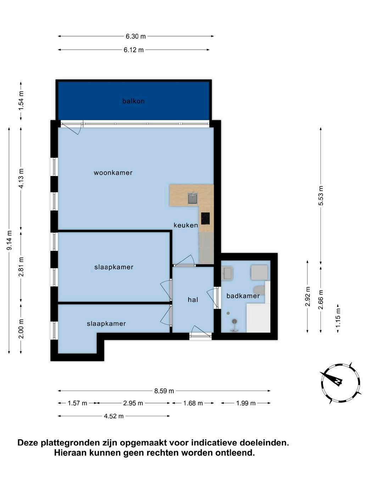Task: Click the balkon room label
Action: pyautogui.click(x=133, y=101)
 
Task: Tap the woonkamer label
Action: pyautogui.click(x=113, y=172)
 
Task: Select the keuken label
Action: pyautogui.click(x=186, y=225)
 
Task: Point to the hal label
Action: pyautogui.click(x=193, y=299)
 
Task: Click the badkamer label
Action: pyautogui.click(x=243, y=296)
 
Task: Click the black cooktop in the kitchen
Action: pyautogui.click(x=205, y=218)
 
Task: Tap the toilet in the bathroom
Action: pyautogui.click(x=260, y=290)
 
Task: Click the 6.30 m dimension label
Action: pyautogui.click(x=136, y=36)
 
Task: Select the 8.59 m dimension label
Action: pyautogui.click(x=164, y=391)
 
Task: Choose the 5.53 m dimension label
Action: pyautogui.click(x=320, y=195)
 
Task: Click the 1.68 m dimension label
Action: pyautogui.click(x=193, y=403)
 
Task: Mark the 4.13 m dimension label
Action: pyautogui.click(x=21, y=178)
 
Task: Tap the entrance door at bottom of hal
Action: pyautogui.click(x=201, y=331)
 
